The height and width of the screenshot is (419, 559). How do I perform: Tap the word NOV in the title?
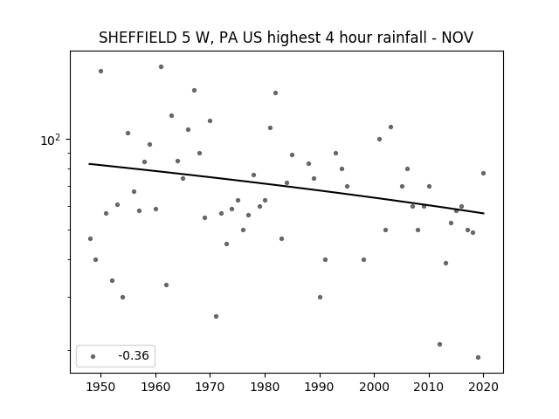point(458,38)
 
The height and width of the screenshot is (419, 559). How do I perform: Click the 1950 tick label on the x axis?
point(101,387)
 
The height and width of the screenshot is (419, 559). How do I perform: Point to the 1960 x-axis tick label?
point(155,387)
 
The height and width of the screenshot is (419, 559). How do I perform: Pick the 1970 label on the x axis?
point(210,387)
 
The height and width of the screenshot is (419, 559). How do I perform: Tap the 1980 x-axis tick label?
point(265,387)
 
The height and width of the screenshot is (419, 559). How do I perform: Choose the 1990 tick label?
point(320,387)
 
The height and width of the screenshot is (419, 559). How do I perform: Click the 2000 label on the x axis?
point(374,387)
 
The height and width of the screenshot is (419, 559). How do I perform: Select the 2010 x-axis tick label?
point(429,387)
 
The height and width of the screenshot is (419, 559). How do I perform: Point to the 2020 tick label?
point(483,387)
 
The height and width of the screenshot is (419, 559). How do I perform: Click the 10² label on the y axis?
point(51,140)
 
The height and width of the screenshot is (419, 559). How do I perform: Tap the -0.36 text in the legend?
point(134,355)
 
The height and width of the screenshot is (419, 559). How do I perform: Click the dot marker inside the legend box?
point(93,356)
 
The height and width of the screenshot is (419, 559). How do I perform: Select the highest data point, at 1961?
point(161,66)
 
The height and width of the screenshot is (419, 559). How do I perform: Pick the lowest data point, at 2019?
point(478,357)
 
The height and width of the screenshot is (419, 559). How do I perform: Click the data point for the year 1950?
point(101,72)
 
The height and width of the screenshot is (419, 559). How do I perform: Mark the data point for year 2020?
point(483,173)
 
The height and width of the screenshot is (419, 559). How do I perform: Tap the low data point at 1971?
point(216,316)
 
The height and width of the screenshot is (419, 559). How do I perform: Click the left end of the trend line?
point(89,163)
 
